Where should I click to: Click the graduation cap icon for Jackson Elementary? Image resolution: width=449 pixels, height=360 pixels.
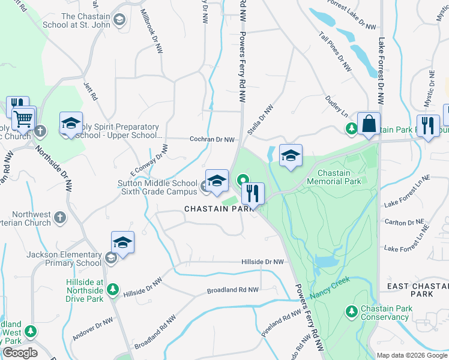pos(122,242)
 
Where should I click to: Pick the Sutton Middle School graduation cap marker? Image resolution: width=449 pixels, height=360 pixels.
pos(217,179)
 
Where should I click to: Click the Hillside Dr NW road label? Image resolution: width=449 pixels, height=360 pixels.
pos(262,262)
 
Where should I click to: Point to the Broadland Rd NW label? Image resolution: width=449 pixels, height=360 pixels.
pos(232,290)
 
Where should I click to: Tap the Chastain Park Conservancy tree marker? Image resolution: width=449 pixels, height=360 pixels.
pos(351,311)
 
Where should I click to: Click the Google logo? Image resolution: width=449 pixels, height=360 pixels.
pos(20,353)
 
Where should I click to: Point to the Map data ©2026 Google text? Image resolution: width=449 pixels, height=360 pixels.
pos(411,355)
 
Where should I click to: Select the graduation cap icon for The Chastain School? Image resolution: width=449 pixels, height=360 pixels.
pos(119,21)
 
